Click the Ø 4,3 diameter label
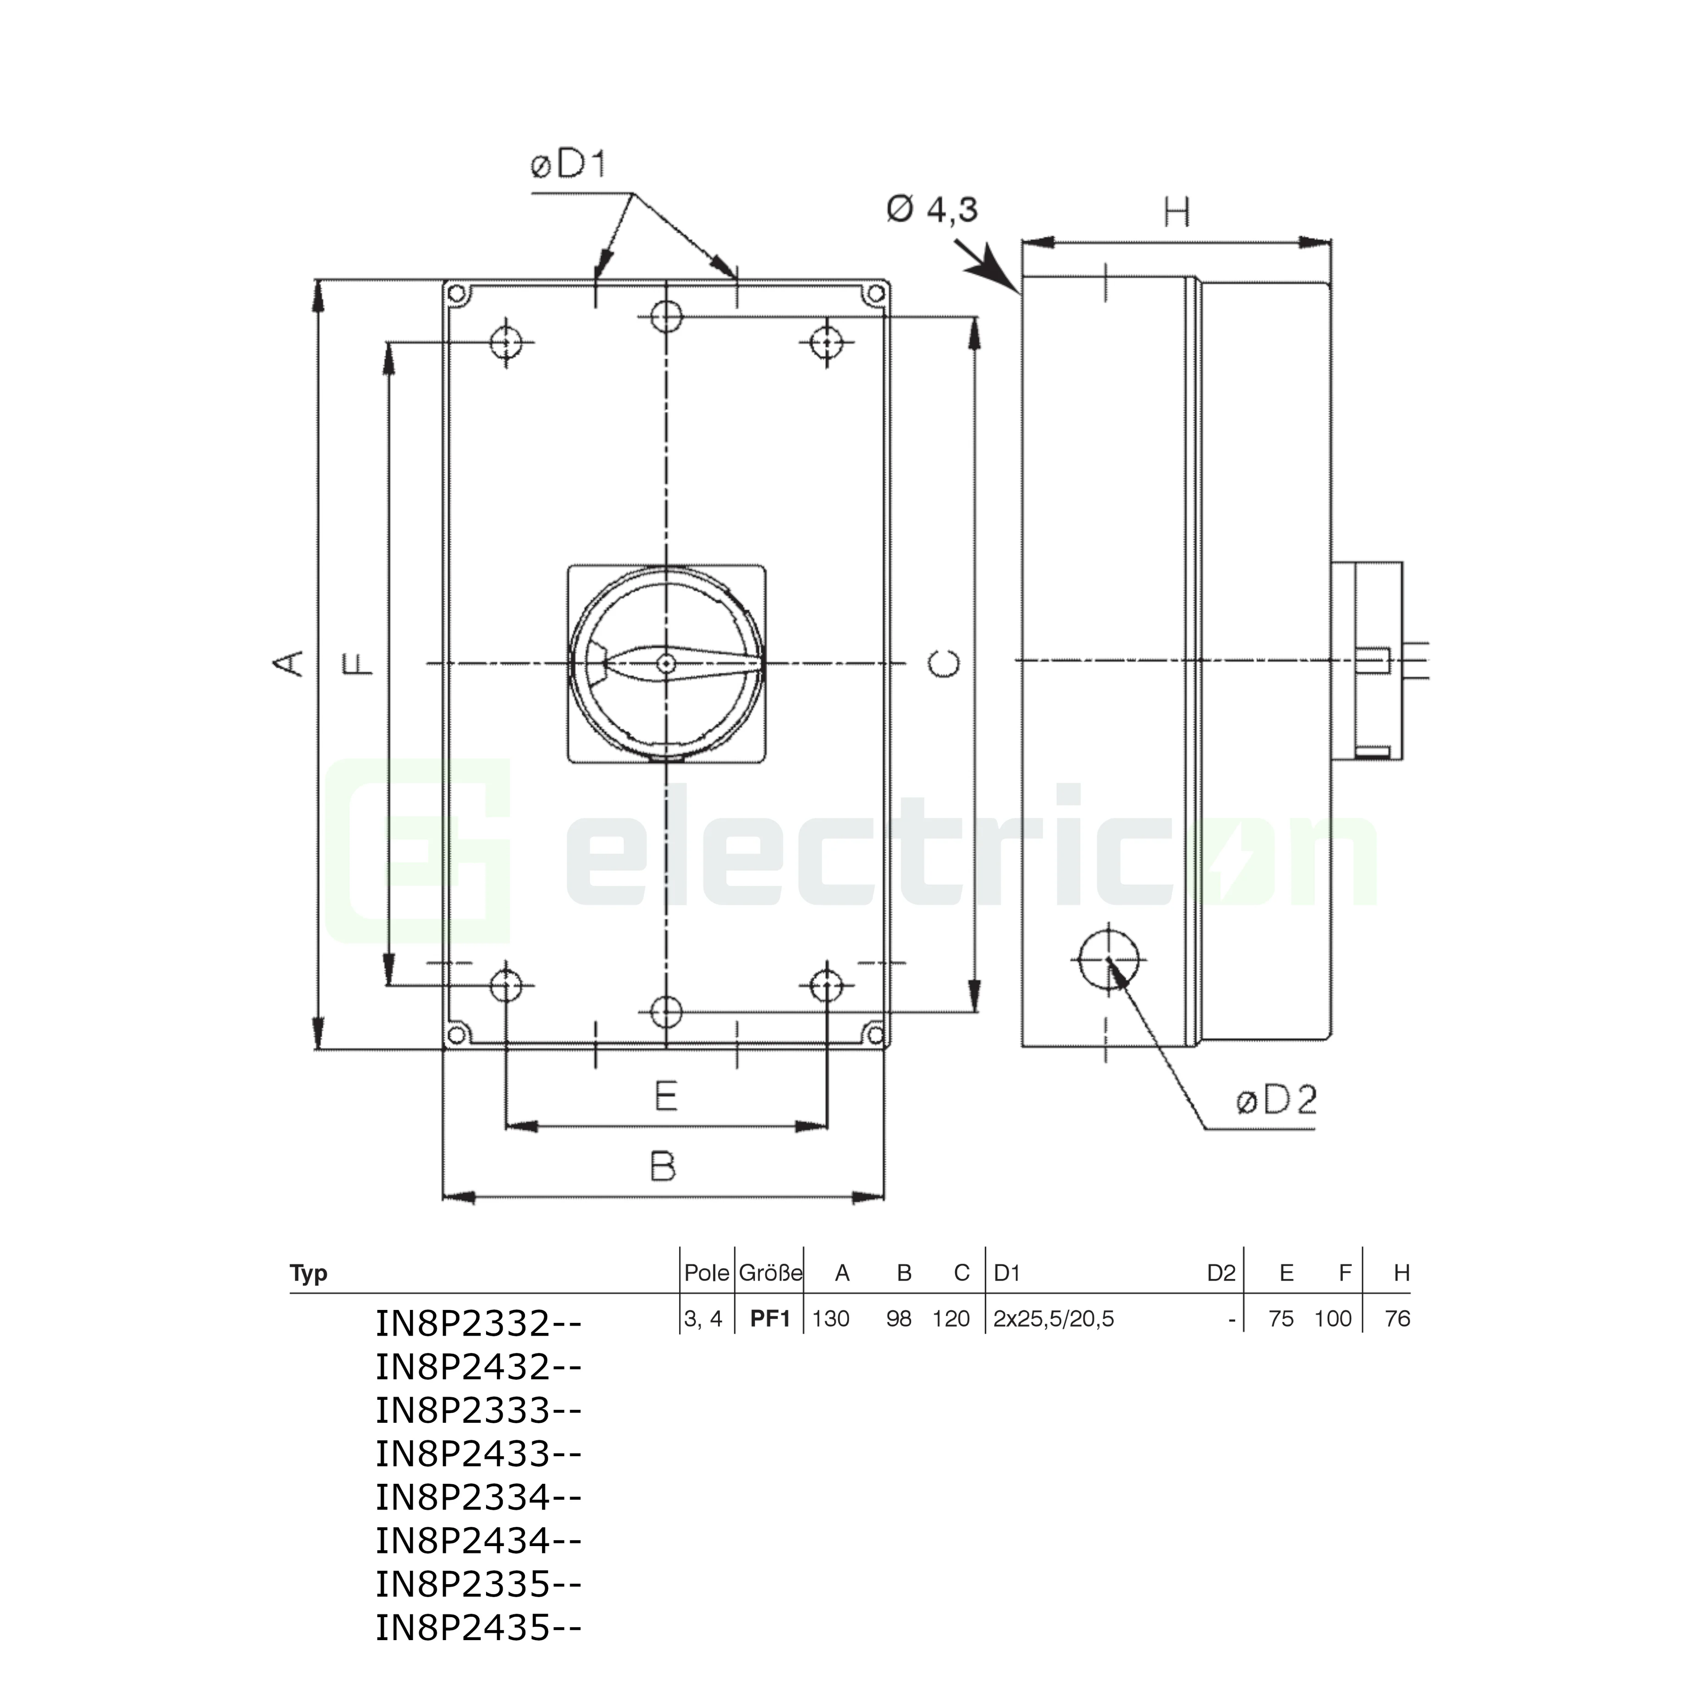coord(932,210)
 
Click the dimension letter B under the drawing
coord(663,1167)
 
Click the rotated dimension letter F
coord(359,663)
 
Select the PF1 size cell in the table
coord(770,1319)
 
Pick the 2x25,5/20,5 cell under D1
coord(1054,1319)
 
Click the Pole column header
coord(707,1273)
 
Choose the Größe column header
coord(770,1273)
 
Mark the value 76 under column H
coord(1397,1319)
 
